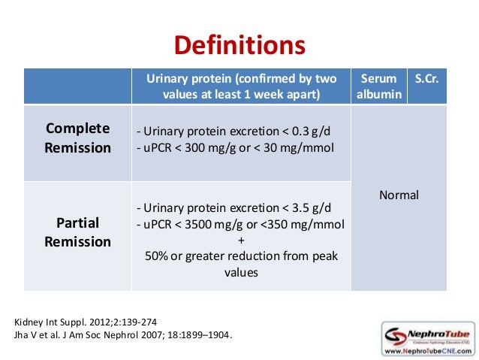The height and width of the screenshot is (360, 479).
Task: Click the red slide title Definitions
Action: (x=239, y=46)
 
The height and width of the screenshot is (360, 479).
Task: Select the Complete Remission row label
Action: (x=77, y=138)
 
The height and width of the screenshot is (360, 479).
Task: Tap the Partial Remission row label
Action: (x=77, y=232)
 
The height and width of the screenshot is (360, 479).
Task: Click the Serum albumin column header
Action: (x=378, y=86)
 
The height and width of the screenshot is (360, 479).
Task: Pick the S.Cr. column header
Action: (x=426, y=78)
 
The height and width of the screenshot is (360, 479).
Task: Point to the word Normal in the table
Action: (x=399, y=195)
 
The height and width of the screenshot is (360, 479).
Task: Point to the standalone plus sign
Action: (x=241, y=241)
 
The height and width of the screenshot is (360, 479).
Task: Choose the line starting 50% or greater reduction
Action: (x=241, y=256)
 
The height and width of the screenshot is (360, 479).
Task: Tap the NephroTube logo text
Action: (x=435, y=331)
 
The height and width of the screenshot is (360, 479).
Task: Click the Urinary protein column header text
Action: (x=241, y=86)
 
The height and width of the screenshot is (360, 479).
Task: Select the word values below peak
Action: (x=241, y=273)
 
